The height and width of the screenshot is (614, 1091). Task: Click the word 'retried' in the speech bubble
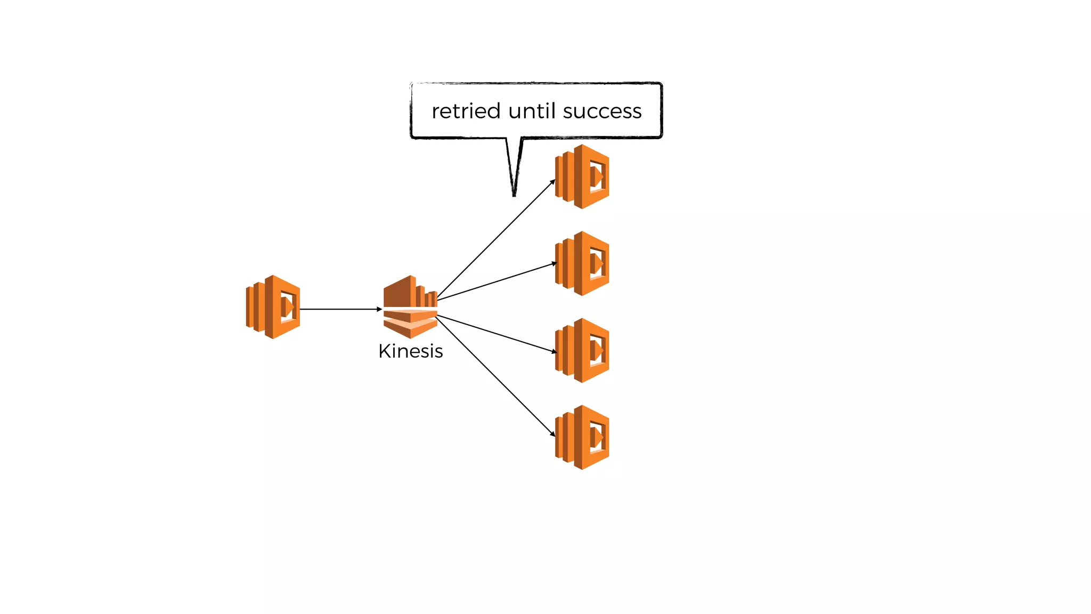coord(466,111)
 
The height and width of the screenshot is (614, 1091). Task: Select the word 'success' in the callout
coord(602,111)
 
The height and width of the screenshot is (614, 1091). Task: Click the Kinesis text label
coord(410,351)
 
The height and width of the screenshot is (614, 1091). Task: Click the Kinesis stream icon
coord(410,307)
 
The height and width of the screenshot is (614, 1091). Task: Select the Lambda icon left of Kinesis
coord(273,307)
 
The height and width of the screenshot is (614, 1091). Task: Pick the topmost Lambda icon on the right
coord(582,176)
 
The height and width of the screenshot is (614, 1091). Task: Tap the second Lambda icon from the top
coord(582,263)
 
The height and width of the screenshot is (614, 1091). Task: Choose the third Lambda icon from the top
coord(582,350)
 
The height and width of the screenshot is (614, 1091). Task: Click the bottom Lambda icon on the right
coord(582,437)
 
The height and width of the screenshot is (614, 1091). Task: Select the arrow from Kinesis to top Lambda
coord(495,240)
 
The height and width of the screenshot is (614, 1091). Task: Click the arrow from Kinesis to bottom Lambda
coord(495,376)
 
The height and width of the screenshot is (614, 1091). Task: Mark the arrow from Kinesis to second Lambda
coord(495,281)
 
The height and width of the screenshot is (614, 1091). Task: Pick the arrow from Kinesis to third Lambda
coord(495,334)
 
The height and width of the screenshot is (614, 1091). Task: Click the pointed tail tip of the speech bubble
coord(514,195)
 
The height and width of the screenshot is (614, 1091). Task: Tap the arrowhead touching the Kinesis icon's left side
coord(379,309)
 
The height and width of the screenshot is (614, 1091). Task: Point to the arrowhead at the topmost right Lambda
coord(553,182)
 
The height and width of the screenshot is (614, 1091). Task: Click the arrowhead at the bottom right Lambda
coord(553,434)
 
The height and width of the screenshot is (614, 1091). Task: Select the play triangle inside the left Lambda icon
coord(289,307)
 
